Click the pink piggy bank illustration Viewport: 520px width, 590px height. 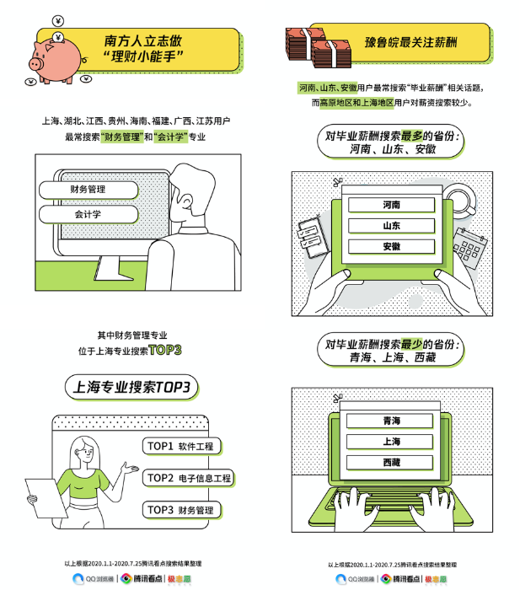pos(51,55)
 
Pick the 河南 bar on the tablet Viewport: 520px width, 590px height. pos(391,205)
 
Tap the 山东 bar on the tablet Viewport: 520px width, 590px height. pos(391,226)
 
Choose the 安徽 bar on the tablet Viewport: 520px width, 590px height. pos(391,247)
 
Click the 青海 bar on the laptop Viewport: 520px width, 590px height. pos(391,421)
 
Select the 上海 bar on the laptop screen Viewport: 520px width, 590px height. pos(391,442)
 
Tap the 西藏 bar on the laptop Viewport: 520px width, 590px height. pos(391,463)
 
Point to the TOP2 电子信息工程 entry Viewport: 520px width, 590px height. pos(188,478)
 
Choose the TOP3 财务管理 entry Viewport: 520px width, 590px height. pos(182,509)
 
